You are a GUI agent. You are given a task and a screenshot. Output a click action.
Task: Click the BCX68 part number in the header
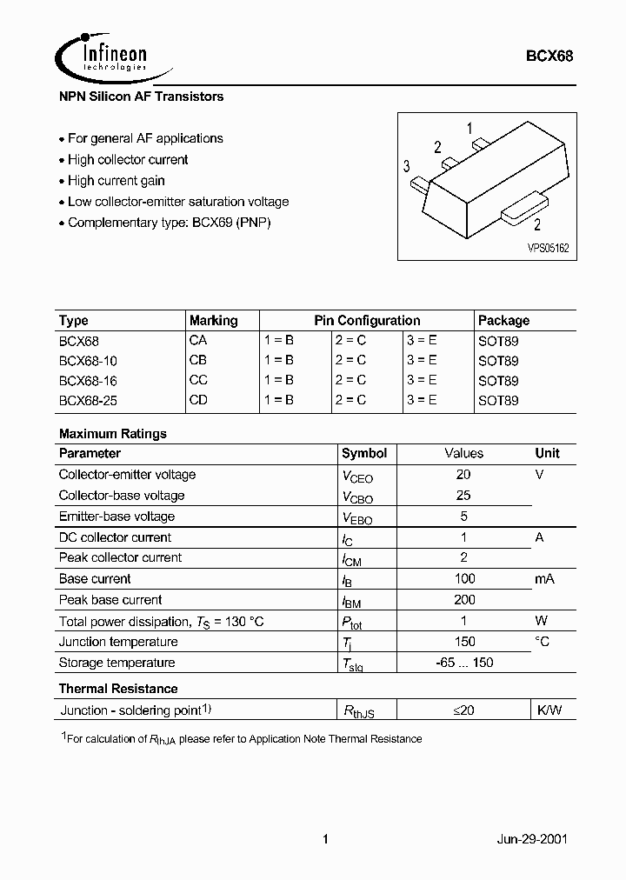(549, 56)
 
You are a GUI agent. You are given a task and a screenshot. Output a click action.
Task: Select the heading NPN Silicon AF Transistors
(141, 97)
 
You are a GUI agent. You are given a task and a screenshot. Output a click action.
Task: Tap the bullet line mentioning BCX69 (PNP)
(170, 223)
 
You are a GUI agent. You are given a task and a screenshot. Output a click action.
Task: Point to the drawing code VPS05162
(548, 248)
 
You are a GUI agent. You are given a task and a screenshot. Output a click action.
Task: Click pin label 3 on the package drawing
(406, 167)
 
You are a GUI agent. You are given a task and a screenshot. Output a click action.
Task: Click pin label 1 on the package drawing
(469, 130)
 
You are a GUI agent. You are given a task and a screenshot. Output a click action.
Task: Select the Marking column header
(213, 320)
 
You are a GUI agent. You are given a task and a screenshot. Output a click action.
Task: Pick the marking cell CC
(198, 380)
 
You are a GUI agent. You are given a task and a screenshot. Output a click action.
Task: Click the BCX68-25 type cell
(88, 401)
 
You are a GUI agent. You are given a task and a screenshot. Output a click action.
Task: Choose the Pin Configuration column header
(367, 320)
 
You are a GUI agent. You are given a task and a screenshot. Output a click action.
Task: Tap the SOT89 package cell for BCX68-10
(498, 360)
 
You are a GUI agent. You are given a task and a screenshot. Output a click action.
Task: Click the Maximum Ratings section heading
(113, 433)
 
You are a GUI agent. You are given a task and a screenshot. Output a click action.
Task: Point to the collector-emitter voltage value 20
(463, 474)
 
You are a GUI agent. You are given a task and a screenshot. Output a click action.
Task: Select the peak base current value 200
(464, 599)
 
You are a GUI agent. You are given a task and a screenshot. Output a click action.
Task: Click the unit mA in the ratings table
(544, 578)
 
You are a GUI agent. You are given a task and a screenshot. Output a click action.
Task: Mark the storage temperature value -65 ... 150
(464, 663)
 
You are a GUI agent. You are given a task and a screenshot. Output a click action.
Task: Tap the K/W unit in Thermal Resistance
(549, 710)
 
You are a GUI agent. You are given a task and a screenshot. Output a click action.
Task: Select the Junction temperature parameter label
(118, 642)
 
